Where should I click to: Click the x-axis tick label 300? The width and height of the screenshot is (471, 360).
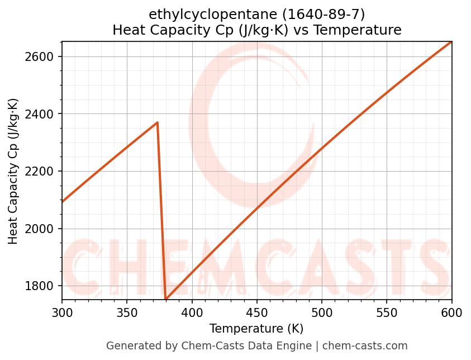click(x=62, y=312)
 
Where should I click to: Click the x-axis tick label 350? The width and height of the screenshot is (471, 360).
click(x=127, y=312)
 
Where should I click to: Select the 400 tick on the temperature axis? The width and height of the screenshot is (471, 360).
click(x=192, y=312)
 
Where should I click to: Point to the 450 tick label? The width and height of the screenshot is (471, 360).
click(x=257, y=312)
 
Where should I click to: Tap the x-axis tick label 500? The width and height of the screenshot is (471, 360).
click(x=322, y=312)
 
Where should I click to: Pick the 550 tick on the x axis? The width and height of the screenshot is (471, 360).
click(x=387, y=312)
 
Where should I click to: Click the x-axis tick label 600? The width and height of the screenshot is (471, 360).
click(x=451, y=312)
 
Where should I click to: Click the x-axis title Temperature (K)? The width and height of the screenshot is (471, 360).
click(x=256, y=329)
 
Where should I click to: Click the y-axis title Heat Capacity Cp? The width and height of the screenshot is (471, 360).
click(x=13, y=171)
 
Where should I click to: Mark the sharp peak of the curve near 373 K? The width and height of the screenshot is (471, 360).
click(x=158, y=122)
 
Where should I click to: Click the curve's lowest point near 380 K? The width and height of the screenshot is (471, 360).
click(x=166, y=299)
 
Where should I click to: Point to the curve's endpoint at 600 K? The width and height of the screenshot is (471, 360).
click(x=451, y=42)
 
